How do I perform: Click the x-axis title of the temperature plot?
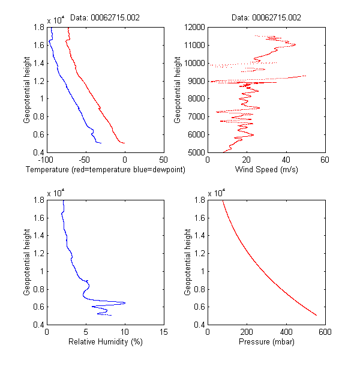pyautogui.click(x=105, y=170)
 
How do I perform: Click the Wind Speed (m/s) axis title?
pyautogui.click(x=266, y=170)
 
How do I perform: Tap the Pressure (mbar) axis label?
pyautogui.click(x=266, y=343)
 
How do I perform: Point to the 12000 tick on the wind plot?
pyautogui.click(x=193, y=27)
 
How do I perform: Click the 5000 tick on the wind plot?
pyautogui.click(x=195, y=152)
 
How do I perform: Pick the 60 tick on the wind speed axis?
pyautogui.click(x=325, y=160)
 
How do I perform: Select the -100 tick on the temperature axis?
pyautogui.click(x=46, y=160)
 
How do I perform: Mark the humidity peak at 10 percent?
pyautogui.click(x=124, y=303)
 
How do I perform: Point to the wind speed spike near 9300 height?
pyautogui.click(x=305, y=76)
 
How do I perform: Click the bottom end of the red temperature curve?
pyautogui.click(x=124, y=143)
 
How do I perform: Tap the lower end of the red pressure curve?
pyautogui.click(x=316, y=314)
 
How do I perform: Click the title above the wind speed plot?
pyautogui.click(x=266, y=18)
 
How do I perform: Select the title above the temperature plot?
pyautogui.click(x=105, y=18)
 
